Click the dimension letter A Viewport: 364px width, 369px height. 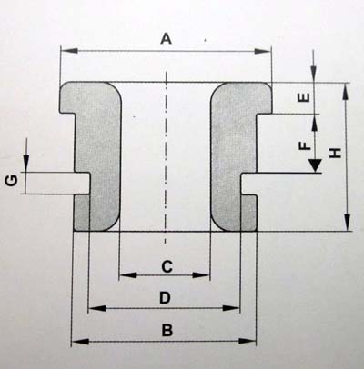(x=166, y=39)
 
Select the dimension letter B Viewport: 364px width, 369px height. (x=167, y=331)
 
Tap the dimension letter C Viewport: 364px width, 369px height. (x=167, y=267)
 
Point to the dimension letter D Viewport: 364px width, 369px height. (x=166, y=298)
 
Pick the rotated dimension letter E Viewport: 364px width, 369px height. (x=305, y=97)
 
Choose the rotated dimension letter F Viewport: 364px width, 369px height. (x=305, y=146)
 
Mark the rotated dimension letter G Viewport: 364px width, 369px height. (x=12, y=181)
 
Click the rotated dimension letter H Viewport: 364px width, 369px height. (x=335, y=153)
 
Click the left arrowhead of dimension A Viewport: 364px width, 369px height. (x=69, y=51)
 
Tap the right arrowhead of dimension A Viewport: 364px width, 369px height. (x=262, y=51)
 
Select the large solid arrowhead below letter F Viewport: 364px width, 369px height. (x=315, y=165)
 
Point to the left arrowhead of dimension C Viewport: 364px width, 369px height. (x=128, y=275)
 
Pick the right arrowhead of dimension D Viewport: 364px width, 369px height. (x=231, y=308)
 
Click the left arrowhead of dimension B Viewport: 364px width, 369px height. (x=80, y=342)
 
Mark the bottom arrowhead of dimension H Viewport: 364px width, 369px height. (x=348, y=223)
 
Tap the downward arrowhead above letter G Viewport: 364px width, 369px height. (x=26, y=164)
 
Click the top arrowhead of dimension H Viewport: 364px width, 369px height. (x=345, y=92)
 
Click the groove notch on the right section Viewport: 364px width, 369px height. (x=248, y=184)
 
